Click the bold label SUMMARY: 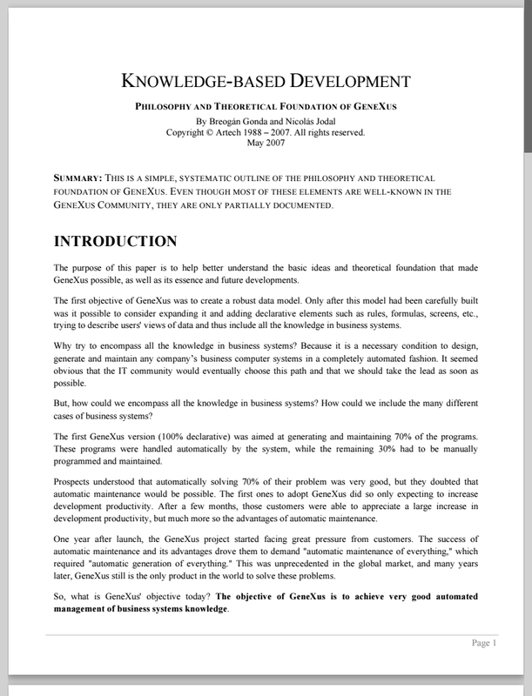78,177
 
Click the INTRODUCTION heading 116,241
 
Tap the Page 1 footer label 483,643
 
